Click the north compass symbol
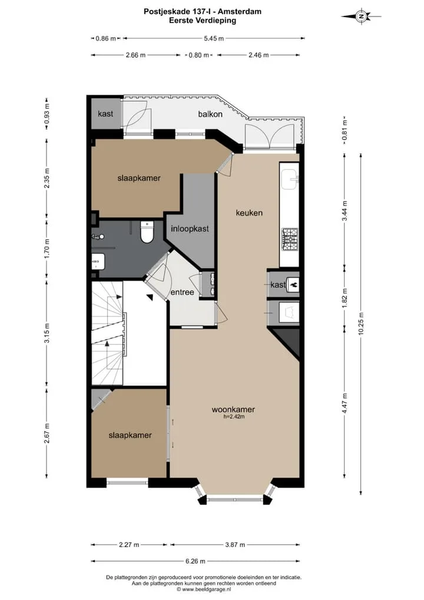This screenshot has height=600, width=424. click(x=361, y=17)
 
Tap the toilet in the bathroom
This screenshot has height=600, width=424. click(x=147, y=232)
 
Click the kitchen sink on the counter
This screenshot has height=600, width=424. click(x=290, y=180)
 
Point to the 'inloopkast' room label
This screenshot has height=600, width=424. click(x=190, y=229)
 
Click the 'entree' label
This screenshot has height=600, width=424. click(x=183, y=292)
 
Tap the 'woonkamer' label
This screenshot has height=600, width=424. click(x=233, y=409)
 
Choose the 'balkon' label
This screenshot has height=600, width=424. click(x=210, y=114)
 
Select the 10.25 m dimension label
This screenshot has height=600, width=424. click(x=361, y=324)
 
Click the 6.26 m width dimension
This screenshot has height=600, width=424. click(x=196, y=561)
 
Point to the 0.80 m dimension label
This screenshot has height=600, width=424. click(x=199, y=55)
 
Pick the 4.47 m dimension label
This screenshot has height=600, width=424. click(x=344, y=403)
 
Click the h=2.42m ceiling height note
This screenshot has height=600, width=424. click(x=234, y=417)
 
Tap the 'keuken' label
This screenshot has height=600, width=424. click(x=249, y=213)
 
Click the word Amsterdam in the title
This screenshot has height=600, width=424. click(x=240, y=11)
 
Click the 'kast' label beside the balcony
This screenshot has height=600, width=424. click(x=105, y=114)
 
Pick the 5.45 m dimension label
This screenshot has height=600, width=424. click(x=214, y=38)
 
